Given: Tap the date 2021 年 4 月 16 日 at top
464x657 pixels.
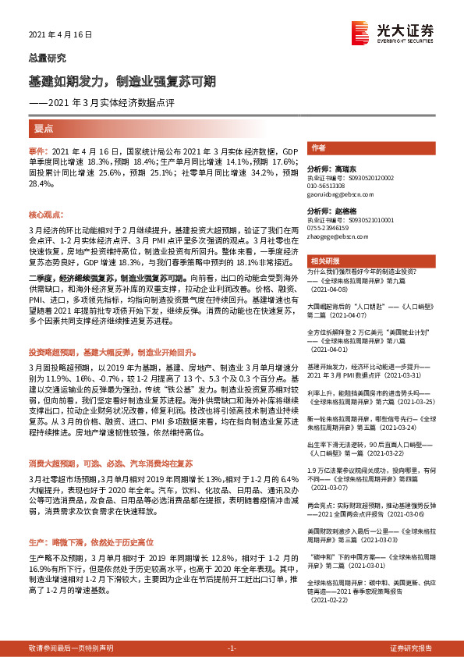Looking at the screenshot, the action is [60, 35].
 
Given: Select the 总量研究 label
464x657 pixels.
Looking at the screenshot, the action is [47, 58].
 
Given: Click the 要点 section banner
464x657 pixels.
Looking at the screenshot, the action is [44, 127].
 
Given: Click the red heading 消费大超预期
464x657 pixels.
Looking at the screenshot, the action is [119, 441].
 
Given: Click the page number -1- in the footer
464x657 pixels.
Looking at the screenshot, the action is [232, 648].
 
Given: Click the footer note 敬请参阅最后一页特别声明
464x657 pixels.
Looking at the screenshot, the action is [71, 648].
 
